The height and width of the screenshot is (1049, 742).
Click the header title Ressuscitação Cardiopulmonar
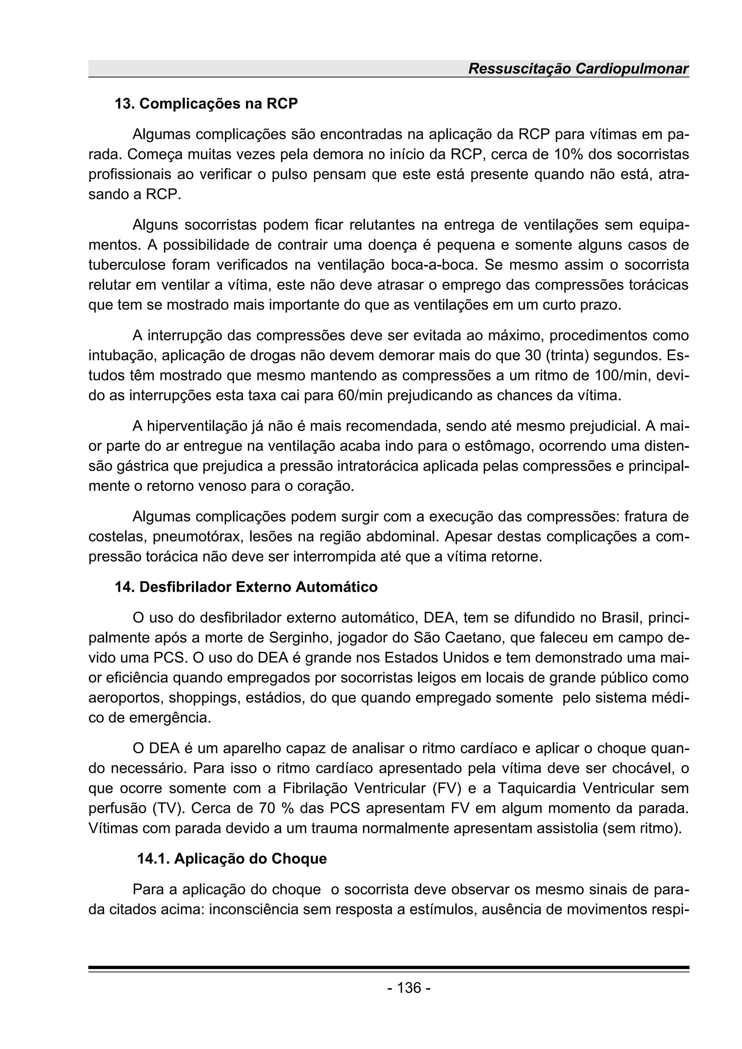click(x=578, y=69)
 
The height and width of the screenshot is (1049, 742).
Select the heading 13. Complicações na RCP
click(x=206, y=104)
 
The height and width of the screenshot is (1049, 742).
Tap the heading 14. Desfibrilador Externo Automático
click(x=246, y=587)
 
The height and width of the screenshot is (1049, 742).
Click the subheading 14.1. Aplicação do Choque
click(x=232, y=859)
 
